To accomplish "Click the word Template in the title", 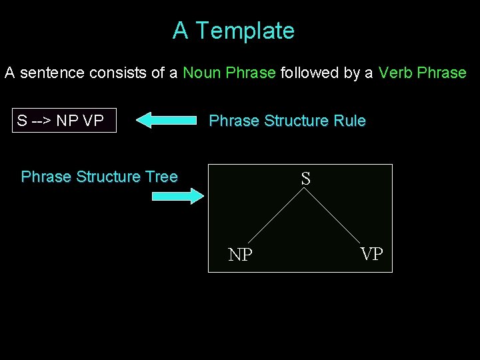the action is (245, 31).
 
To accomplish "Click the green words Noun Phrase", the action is (229, 73).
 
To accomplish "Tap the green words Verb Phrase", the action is (422, 73).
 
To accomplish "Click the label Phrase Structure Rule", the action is (287, 121).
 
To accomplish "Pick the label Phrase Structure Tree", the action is (99, 177).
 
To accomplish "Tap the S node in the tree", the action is (305, 179).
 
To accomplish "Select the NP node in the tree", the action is (240, 255).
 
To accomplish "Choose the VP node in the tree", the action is (371, 254).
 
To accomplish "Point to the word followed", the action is (308, 73).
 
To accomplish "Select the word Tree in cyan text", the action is (161, 177).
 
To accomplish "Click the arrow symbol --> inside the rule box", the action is (41, 121).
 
